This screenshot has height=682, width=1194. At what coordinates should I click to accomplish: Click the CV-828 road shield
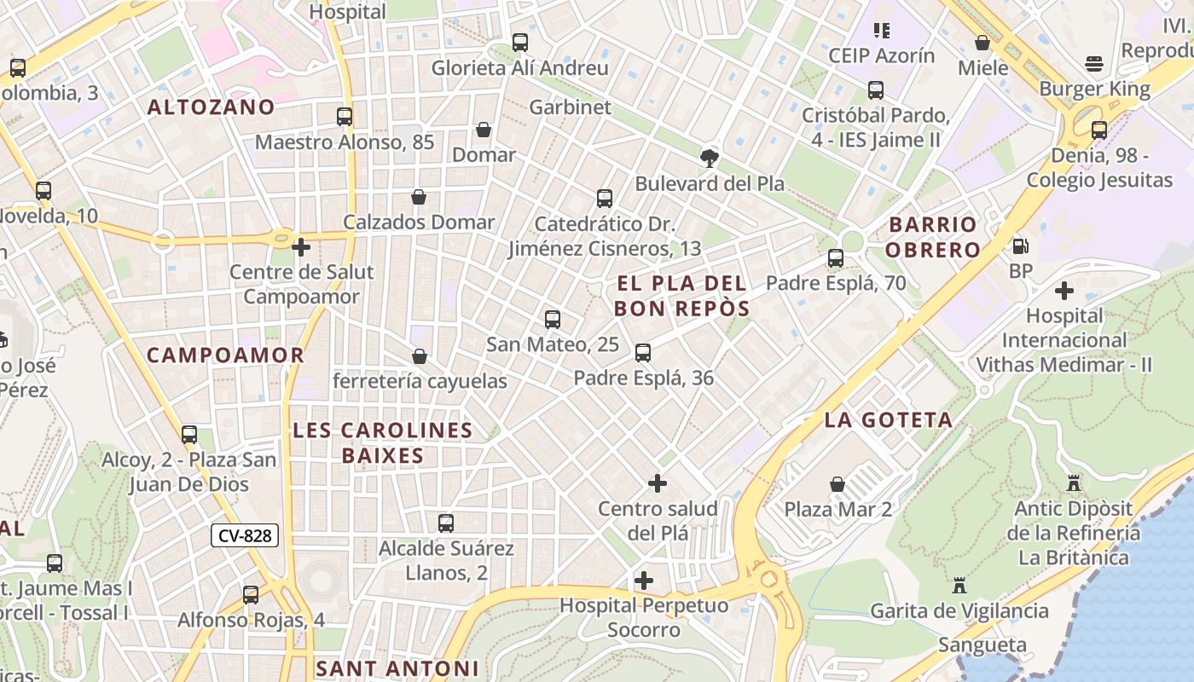coord(245,535)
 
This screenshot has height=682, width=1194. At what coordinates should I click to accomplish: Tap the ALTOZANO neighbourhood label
coord(211,107)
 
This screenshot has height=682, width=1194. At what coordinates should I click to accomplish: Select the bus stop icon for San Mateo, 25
coord(553,320)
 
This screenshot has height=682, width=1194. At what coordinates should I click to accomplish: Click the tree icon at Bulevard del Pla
coord(709,158)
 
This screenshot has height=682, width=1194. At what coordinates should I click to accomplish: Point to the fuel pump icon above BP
coord(1020,246)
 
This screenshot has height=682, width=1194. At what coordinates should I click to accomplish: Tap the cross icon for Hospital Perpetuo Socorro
coord(644,581)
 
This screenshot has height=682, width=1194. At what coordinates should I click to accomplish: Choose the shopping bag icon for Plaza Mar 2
coord(838,484)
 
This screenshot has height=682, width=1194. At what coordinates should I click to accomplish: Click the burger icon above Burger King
coord(1094,64)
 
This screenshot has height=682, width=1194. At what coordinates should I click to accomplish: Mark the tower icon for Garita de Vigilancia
coord(959,586)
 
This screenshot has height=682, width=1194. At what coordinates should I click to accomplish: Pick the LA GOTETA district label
coord(888,419)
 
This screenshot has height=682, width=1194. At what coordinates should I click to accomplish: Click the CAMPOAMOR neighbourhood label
coord(225,355)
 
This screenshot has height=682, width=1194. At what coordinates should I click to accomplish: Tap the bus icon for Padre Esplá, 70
coord(836,257)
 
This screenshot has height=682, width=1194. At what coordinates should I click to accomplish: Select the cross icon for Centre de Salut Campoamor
coord(301,247)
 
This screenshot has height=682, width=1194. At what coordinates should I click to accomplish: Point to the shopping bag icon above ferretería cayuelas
coord(419,355)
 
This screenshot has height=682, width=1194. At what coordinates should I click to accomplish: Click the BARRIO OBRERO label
coord(934,237)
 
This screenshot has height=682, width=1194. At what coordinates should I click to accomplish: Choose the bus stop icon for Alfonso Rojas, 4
coord(251,594)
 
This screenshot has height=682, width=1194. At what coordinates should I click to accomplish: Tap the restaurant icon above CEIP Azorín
coord(882,31)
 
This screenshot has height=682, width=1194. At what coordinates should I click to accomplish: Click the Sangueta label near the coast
coord(982,644)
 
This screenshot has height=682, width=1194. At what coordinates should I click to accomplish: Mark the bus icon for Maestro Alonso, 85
coord(345,117)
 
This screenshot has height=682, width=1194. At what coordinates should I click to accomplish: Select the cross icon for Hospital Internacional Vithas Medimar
coord(1064,291)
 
